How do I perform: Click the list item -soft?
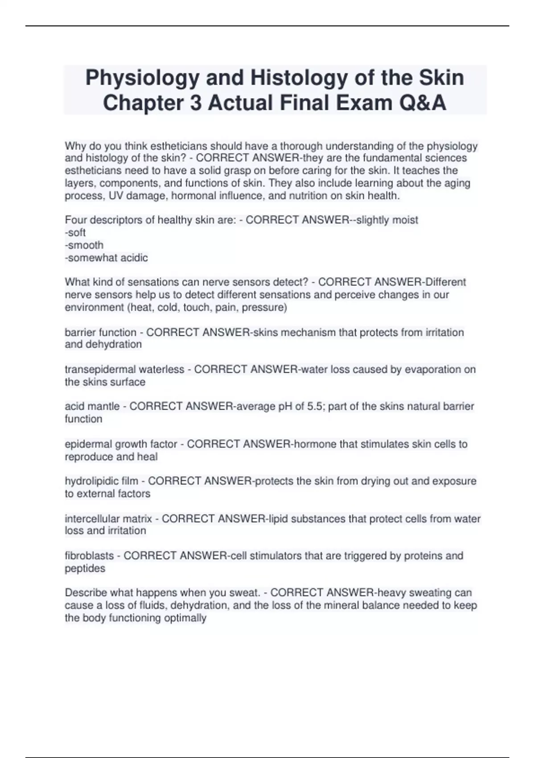coord(75,232)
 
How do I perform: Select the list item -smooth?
coord(84,245)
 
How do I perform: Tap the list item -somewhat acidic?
coord(106,258)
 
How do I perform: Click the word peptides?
coord(85,568)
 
